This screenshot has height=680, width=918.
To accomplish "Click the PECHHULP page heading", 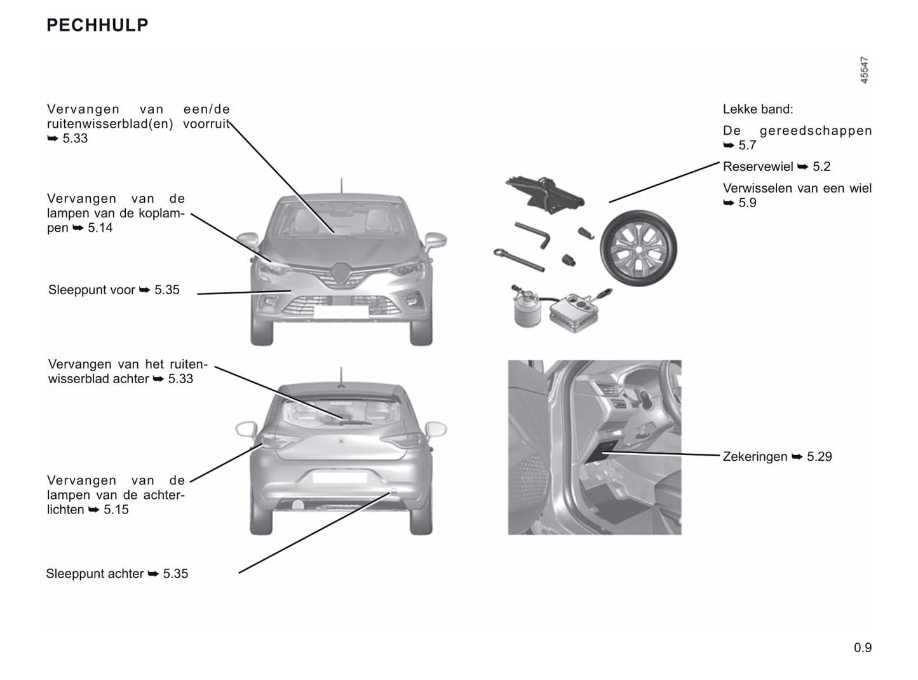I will [97, 25].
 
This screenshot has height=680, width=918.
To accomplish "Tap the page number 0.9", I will [863, 648].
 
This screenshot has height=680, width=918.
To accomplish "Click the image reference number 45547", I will [864, 70].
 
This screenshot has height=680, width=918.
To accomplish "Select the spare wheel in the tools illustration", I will [638, 248].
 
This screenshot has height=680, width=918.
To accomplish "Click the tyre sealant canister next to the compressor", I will [524, 308].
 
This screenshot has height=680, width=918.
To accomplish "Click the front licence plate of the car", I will [341, 311].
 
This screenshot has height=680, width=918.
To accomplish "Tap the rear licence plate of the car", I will [340, 477].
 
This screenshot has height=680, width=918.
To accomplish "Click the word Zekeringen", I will [755, 456].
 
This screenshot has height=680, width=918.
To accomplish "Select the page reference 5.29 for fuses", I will [820, 456].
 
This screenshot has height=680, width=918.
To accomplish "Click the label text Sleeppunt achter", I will [95, 574].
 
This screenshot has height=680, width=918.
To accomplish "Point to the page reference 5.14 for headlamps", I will [100, 228].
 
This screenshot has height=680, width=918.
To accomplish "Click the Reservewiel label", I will [758, 167].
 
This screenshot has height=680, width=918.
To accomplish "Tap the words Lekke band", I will [758, 109].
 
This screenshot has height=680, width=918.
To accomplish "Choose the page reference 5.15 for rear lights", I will [116, 510].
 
